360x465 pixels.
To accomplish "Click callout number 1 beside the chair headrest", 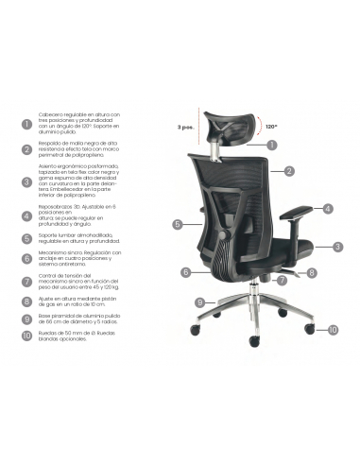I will pos(271,146).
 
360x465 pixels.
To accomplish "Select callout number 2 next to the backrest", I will pos(289,172).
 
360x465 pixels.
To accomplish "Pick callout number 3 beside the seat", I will pos(337,246).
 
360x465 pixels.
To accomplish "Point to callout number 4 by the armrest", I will pos(328,209).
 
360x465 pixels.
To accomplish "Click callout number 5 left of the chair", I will pos(177,224).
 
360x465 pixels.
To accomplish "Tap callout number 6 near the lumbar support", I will pos(187,272).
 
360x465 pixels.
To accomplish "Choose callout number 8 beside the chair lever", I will pos(312,272).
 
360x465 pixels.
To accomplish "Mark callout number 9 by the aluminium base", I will pos(199,301).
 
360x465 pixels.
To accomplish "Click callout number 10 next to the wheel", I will pos(333,330).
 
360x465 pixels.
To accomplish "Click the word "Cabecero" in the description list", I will pos(53,114).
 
